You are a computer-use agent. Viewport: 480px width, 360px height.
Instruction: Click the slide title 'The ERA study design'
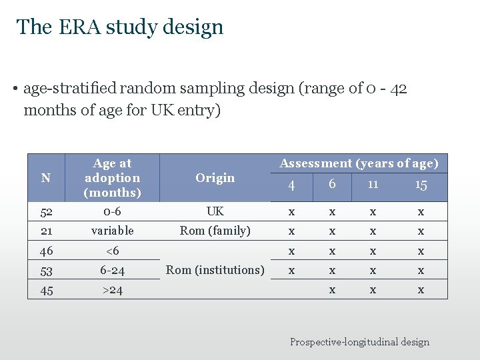coord(120,27)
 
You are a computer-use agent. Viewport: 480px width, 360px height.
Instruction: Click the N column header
coord(45,178)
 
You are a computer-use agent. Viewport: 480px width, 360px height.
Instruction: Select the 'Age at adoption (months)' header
coord(113,178)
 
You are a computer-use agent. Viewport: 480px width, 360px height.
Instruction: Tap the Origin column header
coord(215,178)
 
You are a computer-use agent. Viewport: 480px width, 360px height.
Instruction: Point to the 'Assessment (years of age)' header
coord(359,163)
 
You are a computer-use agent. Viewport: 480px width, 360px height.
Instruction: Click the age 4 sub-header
coord(291,185)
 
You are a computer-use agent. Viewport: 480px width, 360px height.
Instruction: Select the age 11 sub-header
coord(373,184)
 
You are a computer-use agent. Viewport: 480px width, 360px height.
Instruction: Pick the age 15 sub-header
coord(421,185)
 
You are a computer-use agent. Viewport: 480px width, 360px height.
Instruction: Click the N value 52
coord(46,211)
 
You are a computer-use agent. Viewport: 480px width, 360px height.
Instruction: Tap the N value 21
coord(46,231)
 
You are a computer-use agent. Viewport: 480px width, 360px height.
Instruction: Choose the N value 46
coord(46,251)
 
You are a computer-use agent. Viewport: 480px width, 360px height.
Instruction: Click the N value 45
coord(46,290)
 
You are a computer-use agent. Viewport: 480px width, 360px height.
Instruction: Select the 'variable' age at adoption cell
coord(113,231)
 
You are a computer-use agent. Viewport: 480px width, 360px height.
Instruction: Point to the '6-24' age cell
coord(113,271)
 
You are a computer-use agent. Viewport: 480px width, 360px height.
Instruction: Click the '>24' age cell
coord(113,290)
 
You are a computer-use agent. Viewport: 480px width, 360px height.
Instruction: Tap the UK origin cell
coord(215,211)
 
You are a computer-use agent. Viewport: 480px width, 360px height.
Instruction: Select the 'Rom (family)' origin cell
coord(215,231)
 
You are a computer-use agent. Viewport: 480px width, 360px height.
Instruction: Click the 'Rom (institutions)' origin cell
coord(215,270)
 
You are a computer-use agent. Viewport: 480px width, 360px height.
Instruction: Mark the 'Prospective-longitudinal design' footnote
coord(359,342)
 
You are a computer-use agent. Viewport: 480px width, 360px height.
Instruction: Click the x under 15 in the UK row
coord(421,211)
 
